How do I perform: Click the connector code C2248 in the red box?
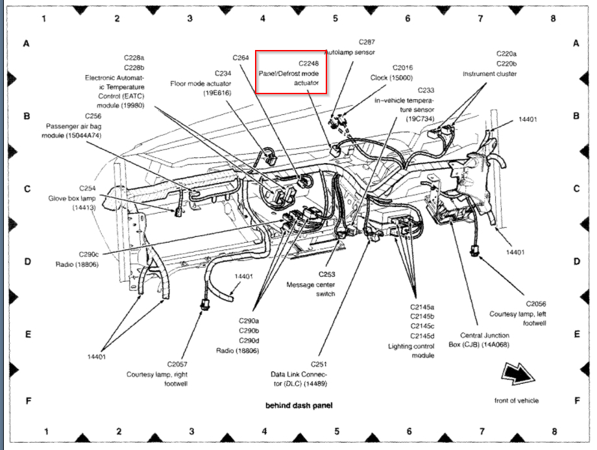[310, 64]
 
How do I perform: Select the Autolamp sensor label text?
[350, 51]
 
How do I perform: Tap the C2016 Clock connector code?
[402, 68]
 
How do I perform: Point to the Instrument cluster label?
[489, 74]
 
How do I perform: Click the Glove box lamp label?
[72, 198]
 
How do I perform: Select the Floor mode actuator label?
[197, 83]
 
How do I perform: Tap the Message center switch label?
[311, 290]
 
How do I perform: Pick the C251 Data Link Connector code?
[317, 364]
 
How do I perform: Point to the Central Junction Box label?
[479, 340]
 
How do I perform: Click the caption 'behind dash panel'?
[298, 406]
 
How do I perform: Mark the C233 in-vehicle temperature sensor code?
[426, 90]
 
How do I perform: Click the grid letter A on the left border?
[27, 44]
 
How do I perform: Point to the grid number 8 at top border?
[553, 18]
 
